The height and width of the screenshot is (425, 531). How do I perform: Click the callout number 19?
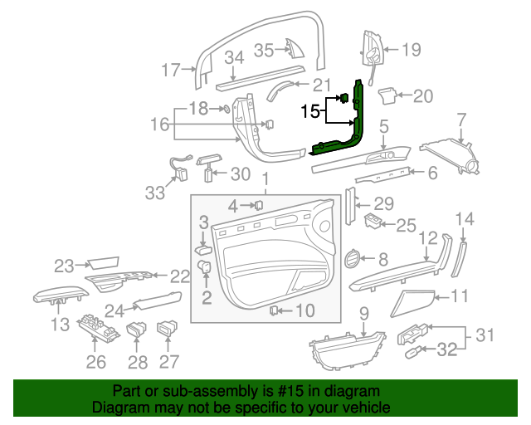(x=412, y=50)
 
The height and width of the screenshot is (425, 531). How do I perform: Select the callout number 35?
(x=263, y=51)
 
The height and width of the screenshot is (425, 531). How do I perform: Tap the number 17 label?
(x=170, y=71)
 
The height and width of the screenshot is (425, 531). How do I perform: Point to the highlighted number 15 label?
(x=309, y=110)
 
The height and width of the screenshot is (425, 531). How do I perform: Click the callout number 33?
(x=155, y=193)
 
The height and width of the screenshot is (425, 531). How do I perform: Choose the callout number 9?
(x=363, y=313)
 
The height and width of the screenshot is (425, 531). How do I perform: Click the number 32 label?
(x=446, y=350)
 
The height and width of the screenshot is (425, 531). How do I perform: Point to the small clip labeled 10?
(x=274, y=310)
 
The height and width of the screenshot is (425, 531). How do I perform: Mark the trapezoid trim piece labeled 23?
(x=101, y=266)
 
